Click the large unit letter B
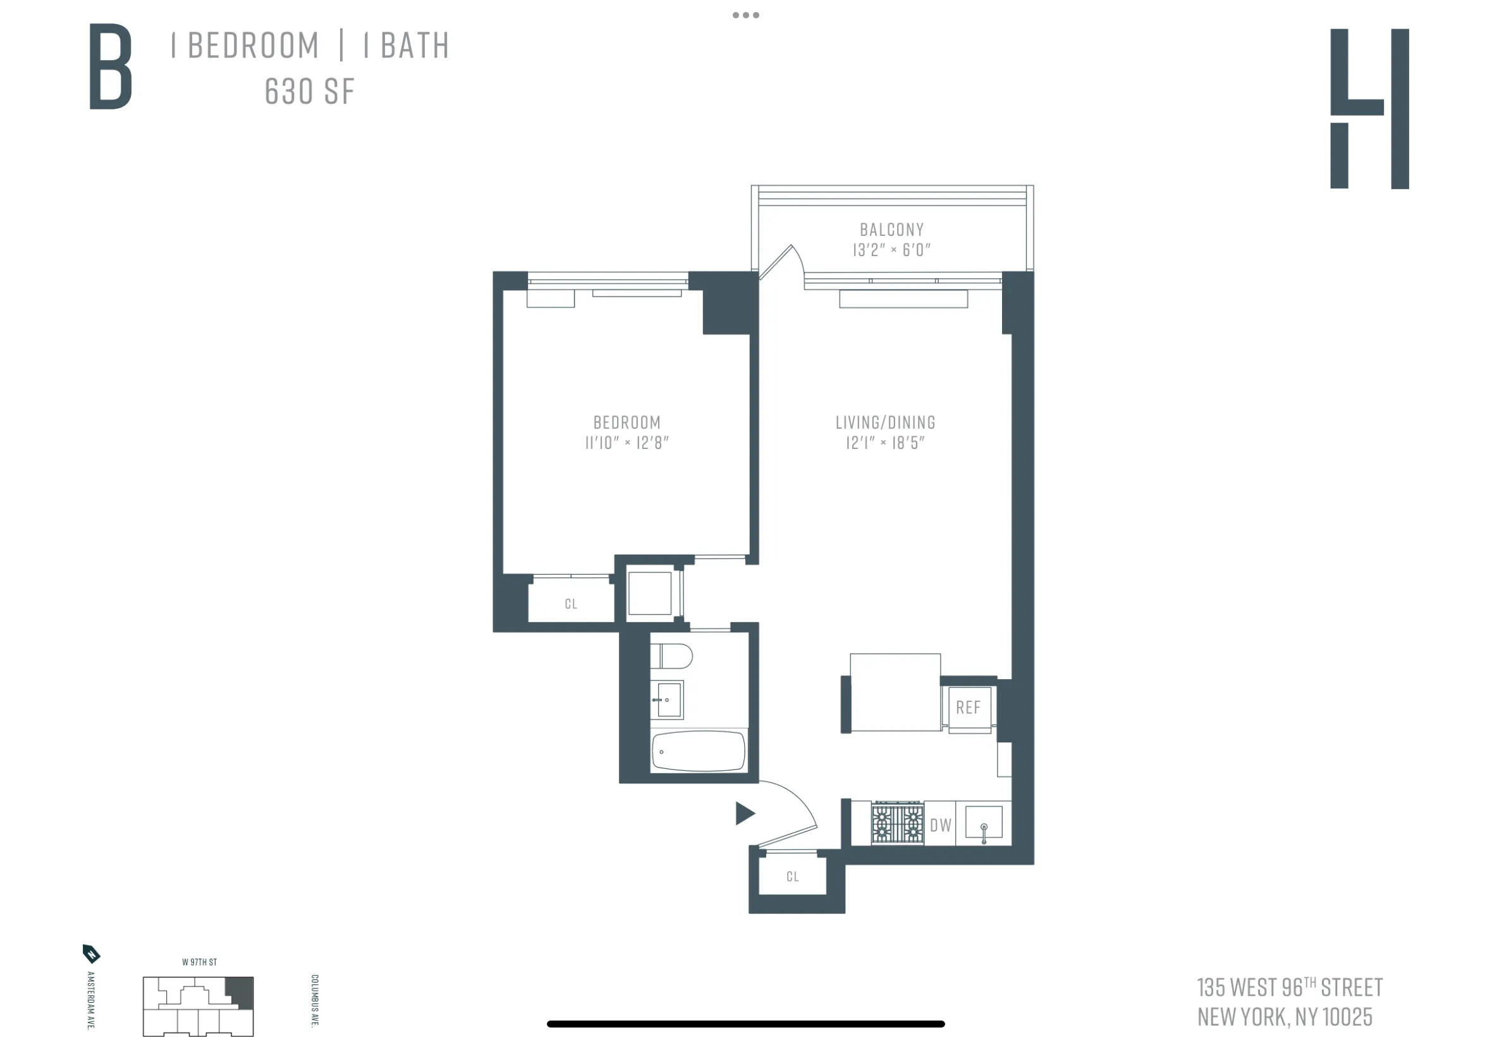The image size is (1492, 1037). (111, 66)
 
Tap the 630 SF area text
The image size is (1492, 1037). (309, 92)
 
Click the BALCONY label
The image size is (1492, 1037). (891, 230)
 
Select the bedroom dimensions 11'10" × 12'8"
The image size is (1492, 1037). (626, 443)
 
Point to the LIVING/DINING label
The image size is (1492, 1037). (884, 422)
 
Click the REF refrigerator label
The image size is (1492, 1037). (967, 708)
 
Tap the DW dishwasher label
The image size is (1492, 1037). (940, 825)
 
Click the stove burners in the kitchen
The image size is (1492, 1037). (896, 823)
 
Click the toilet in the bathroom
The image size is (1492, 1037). (671, 656)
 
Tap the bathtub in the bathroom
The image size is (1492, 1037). (698, 752)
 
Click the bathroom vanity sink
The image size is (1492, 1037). (668, 700)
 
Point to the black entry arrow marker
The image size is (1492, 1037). (744, 813)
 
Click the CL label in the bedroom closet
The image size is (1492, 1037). (570, 604)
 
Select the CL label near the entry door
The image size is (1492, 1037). (792, 876)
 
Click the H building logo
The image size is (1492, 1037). (1368, 109)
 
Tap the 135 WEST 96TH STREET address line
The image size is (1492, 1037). (1288, 987)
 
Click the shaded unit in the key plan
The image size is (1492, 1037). (239, 992)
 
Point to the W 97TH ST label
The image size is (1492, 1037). (199, 962)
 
